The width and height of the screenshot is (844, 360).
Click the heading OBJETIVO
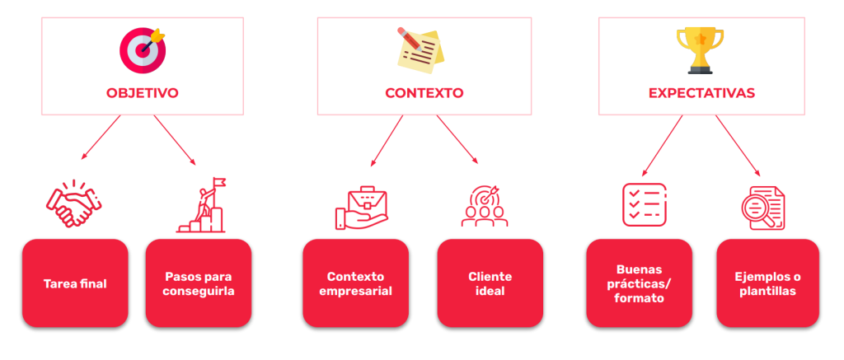pos(143,93)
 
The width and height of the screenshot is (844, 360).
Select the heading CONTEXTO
pos(424,93)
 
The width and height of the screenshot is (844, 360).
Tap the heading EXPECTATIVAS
pos(701,93)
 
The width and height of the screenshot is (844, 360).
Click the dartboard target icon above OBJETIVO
pos(143,48)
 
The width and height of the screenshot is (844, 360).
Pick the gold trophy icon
pos(700,48)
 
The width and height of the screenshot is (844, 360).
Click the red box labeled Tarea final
pos(75,283)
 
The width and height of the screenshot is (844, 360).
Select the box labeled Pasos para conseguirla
pos(199,283)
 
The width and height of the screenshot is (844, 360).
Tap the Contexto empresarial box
pos(355,283)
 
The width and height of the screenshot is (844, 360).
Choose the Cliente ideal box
pos(490,283)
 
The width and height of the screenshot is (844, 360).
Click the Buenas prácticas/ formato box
pos(639,283)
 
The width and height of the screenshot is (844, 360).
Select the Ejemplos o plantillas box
pos(767,283)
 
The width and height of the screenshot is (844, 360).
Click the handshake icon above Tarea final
pos(73,204)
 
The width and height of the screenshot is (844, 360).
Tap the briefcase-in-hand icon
pos(361,207)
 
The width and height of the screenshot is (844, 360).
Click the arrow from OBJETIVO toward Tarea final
pos(101,137)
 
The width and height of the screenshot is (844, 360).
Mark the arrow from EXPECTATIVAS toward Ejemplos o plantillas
pos(738,147)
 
